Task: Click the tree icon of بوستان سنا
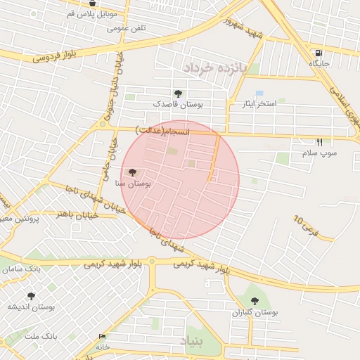click(x=132, y=172)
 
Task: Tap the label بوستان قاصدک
click(x=179, y=104)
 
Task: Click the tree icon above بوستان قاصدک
click(x=178, y=93)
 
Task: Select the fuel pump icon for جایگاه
click(x=319, y=53)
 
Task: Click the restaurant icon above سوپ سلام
click(x=319, y=141)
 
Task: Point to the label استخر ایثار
click(x=257, y=103)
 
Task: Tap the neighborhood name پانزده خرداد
click(x=216, y=69)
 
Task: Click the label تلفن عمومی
click(x=127, y=29)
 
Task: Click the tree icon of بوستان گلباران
click(x=255, y=301)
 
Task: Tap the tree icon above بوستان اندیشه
click(x=30, y=296)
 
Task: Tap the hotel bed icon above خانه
click(x=103, y=337)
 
